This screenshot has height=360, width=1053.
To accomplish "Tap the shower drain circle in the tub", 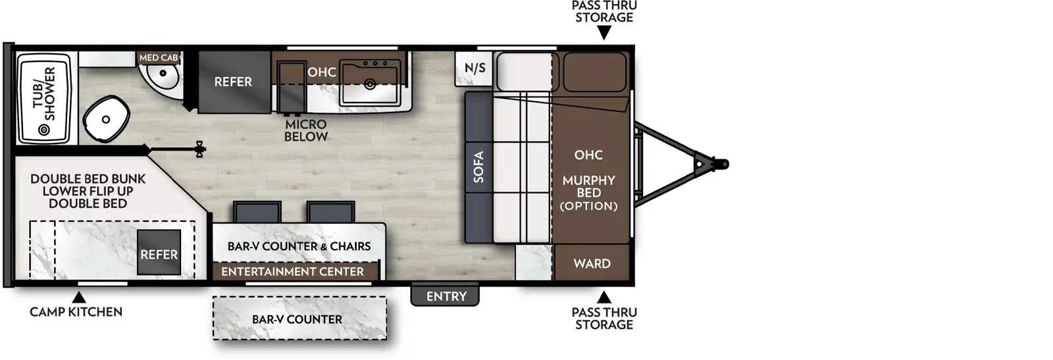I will pyautogui.click(x=45, y=130).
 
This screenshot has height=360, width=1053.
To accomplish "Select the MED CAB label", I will pyautogui.click(x=158, y=58).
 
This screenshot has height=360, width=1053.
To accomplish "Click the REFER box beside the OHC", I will pyautogui.click(x=233, y=82).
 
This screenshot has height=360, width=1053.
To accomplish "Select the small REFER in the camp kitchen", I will pyautogui.click(x=159, y=254).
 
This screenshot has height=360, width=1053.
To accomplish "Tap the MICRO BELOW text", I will pyautogui.click(x=306, y=130).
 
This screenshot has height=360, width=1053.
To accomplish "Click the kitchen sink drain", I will pyautogui.click(x=370, y=84).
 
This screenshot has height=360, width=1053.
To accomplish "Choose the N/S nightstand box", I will pyautogui.click(x=475, y=68).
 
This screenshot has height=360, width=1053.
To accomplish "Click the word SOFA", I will pyautogui.click(x=478, y=167).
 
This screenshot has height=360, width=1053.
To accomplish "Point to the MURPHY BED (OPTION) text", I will pyautogui.click(x=588, y=193).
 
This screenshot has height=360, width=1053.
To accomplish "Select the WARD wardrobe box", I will pyautogui.click(x=592, y=263).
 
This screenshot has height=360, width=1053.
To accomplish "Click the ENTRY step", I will pyautogui.click(x=446, y=296).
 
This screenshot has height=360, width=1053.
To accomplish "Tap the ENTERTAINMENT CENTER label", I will pyautogui.click(x=292, y=271).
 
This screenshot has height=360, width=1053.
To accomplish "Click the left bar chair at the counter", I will pyautogui.click(x=257, y=212).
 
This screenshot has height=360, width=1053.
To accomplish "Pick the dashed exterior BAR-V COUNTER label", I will pyautogui.click(x=297, y=319).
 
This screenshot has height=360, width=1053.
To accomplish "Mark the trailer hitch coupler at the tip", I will pyautogui.click(x=722, y=163).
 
